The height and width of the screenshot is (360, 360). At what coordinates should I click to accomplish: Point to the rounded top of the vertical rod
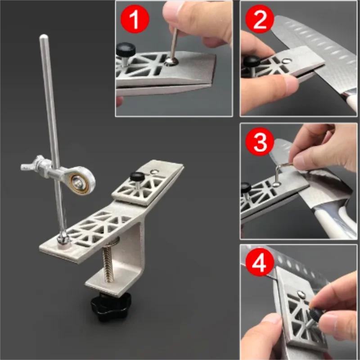pos(43,38)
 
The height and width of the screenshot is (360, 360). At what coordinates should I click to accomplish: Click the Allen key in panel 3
pos(280,173)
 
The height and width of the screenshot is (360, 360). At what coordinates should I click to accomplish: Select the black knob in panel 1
pos(125,49)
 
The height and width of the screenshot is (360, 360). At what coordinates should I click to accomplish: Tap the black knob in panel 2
pos(250,61)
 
